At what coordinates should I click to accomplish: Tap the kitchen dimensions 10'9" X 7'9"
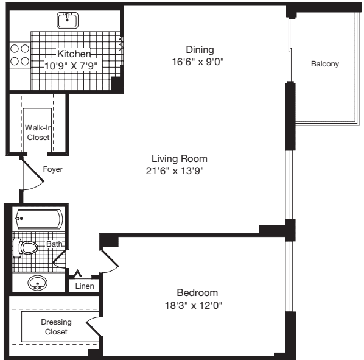point(71,65)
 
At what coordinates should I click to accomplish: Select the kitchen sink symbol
point(67,20)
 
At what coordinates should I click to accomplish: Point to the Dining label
point(200,49)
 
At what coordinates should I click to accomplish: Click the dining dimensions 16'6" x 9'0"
point(199,61)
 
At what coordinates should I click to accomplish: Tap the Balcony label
point(324,64)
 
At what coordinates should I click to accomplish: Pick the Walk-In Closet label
point(37,132)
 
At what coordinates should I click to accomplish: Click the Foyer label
point(52,169)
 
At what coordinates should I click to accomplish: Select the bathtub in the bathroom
point(38,219)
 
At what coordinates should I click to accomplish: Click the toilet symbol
point(26,247)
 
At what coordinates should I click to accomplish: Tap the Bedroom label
point(197,292)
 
